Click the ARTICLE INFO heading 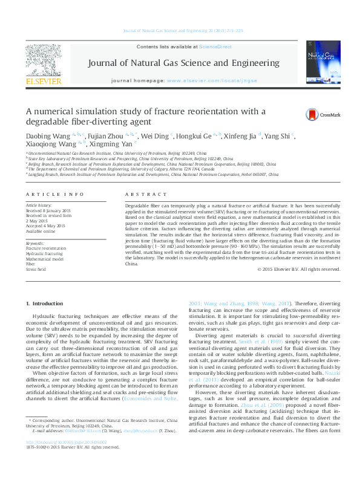pos(55,194)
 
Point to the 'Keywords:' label pos(35,242)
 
